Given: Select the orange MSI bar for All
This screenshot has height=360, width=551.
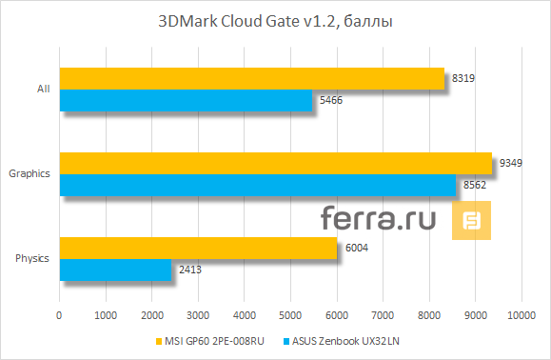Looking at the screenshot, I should click(x=252, y=78).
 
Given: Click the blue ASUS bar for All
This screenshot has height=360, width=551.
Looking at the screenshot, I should click(x=186, y=100).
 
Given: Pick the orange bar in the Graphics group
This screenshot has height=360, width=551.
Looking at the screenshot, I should click(x=276, y=163).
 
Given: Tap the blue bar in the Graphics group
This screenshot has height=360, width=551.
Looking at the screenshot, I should click(x=258, y=185).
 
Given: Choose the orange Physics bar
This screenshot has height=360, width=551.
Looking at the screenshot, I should click(x=198, y=248).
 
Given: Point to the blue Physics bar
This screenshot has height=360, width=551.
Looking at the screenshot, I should click(x=115, y=270).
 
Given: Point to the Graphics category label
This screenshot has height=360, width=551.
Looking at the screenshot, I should click(x=29, y=173).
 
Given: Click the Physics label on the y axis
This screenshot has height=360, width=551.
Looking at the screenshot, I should click(x=33, y=258).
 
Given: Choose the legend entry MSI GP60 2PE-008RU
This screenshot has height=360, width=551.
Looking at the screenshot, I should click(x=207, y=341).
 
